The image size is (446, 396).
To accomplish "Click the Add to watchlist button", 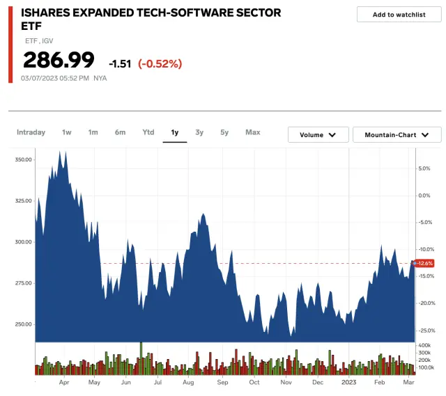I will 398,15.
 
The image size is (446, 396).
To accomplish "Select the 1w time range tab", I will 67,132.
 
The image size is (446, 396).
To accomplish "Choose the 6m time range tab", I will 121,132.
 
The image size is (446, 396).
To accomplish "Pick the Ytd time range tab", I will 148,132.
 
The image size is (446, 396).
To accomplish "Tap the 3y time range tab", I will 199,132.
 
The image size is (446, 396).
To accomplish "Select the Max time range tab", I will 252,132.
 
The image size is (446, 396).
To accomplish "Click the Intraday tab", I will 31,132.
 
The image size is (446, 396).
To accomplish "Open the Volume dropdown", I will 318,135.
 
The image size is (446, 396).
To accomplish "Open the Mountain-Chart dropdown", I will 397,135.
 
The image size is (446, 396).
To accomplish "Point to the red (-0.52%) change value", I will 160,64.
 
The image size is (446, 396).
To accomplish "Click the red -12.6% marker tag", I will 424,263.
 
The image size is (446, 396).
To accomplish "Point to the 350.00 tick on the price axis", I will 23,160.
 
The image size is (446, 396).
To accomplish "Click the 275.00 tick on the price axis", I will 23,283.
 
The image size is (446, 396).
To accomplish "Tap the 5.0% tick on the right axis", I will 424,168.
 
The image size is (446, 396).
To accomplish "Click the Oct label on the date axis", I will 254,383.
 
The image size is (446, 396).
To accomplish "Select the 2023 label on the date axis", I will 349,383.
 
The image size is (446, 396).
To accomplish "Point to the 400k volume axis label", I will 424,346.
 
